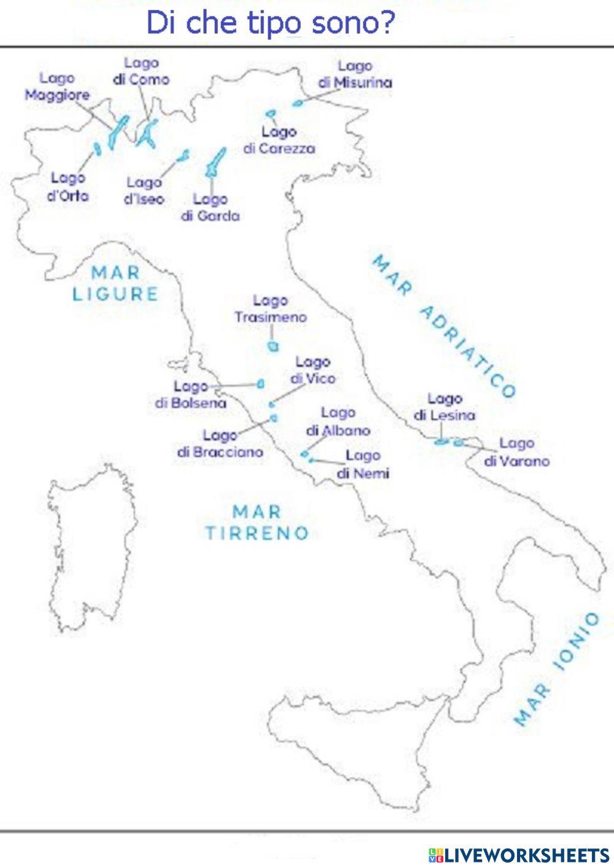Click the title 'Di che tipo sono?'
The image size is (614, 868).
pyautogui.click(x=270, y=23)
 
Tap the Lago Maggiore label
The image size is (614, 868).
pyautogui.click(x=57, y=86)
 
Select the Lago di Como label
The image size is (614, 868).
pyautogui.click(x=141, y=71)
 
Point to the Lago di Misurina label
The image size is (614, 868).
pyautogui.click(x=355, y=74)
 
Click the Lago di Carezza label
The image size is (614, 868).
pyautogui.click(x=279, y=140)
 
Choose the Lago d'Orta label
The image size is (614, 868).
pyautogui.click(x=68, y=186)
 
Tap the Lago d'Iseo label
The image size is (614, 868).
pyautogui.click(x=144, y=190)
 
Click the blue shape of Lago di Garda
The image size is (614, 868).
pyautogui.click(x=215, y=162)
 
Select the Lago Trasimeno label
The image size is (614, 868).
pyautogui.click(x=270, y=309)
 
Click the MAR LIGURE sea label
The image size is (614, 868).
pyautogui.click(x=115, y=283)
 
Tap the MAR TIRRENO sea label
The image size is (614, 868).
pyautogui.click(x=257, y=522)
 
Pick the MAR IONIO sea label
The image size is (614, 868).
pyautogui.click(x=556, y=669)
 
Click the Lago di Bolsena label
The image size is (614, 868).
pyautogui.click(x=190, y=394)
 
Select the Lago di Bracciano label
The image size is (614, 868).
pyautogui.click(x=220, y=444)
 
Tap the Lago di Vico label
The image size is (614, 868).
pyautogui.click(x=313, y=370)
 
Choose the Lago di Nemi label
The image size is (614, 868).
pyautogui.click(x=363, y=464)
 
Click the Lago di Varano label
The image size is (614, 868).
pyautogui.click(x=516, y=451)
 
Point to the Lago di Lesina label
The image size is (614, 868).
pyautogui.click(x=445, y=407)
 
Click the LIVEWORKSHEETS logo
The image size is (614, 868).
pyautogui.click(x=519, y=855)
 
